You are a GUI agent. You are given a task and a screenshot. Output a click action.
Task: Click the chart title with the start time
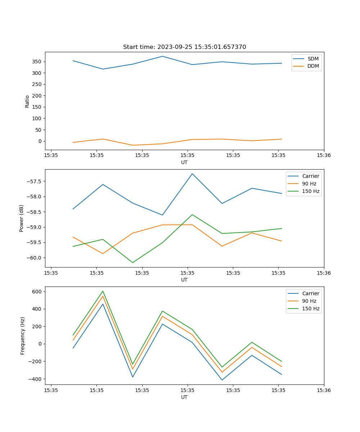tap(184, 47)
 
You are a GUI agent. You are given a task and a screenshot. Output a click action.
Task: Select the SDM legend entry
tap(313, 59)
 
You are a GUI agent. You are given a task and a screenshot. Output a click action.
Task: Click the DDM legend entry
tap(313, 66)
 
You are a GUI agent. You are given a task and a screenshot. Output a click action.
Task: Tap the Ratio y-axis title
tap(27, 101)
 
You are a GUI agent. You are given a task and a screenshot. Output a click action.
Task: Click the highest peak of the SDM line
tap(162, 56)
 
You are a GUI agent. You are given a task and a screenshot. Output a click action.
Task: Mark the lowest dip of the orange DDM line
tap(132, 145)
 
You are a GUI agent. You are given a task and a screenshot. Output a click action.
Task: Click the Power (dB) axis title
tap(22, 218)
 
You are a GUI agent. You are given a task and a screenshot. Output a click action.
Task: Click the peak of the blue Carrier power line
tap(192, 174)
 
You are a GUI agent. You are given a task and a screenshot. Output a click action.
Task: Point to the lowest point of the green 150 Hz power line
tap(132, 262)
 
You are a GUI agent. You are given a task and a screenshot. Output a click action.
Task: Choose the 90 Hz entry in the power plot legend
tap(309, 184)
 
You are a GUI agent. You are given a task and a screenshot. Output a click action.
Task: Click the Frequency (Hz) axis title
tap(22, 336)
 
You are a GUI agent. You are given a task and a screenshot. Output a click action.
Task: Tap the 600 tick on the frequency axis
tap(37, 291)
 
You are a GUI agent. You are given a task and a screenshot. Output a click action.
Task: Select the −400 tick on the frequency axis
tap(36, 379)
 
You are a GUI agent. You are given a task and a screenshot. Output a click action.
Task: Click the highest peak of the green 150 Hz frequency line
tap(103, 291)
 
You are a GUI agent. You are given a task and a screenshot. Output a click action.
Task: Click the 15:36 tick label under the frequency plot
tap(324, 390)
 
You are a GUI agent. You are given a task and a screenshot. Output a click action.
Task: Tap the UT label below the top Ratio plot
tap(184, 162)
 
